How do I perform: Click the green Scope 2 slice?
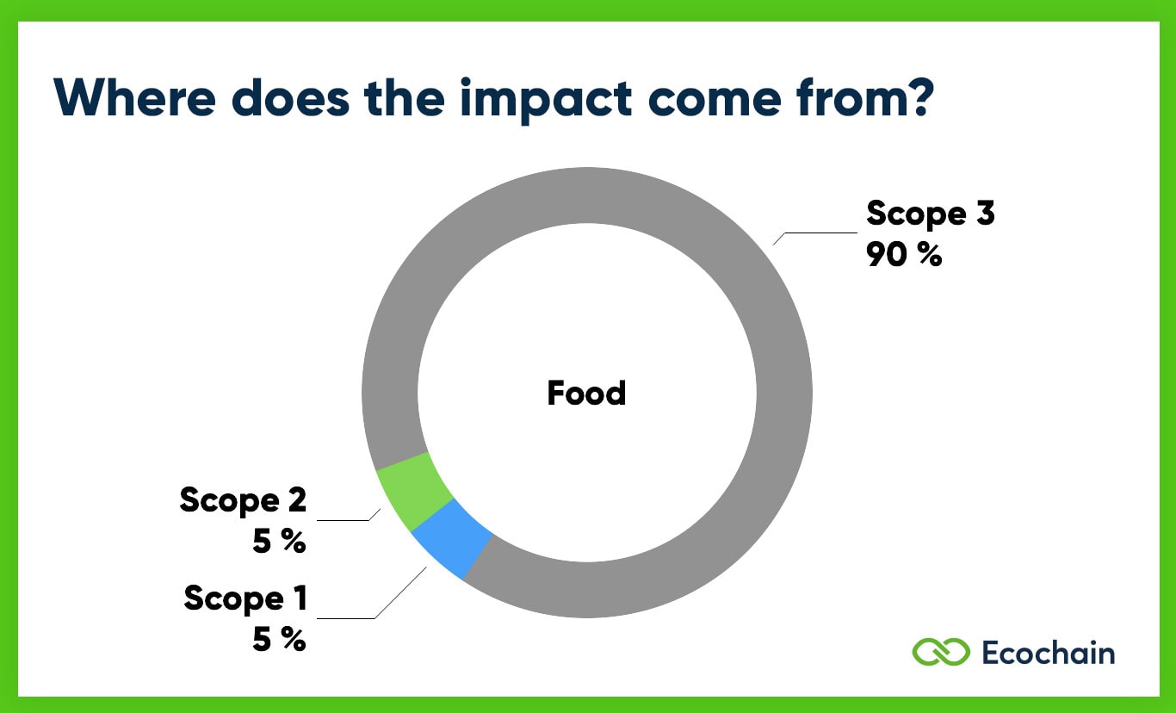(414, 490)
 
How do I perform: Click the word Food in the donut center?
(586, 394)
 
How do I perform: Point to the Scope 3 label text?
(930, 213)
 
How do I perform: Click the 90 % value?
(904, 254)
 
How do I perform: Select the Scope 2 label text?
(243, 499)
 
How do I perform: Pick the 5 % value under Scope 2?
(279, 542)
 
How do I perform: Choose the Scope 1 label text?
(245, 598)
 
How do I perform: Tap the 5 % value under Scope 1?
(279, 639)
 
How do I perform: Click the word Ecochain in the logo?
(1048, 653)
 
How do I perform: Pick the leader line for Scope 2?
(349, 520)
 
